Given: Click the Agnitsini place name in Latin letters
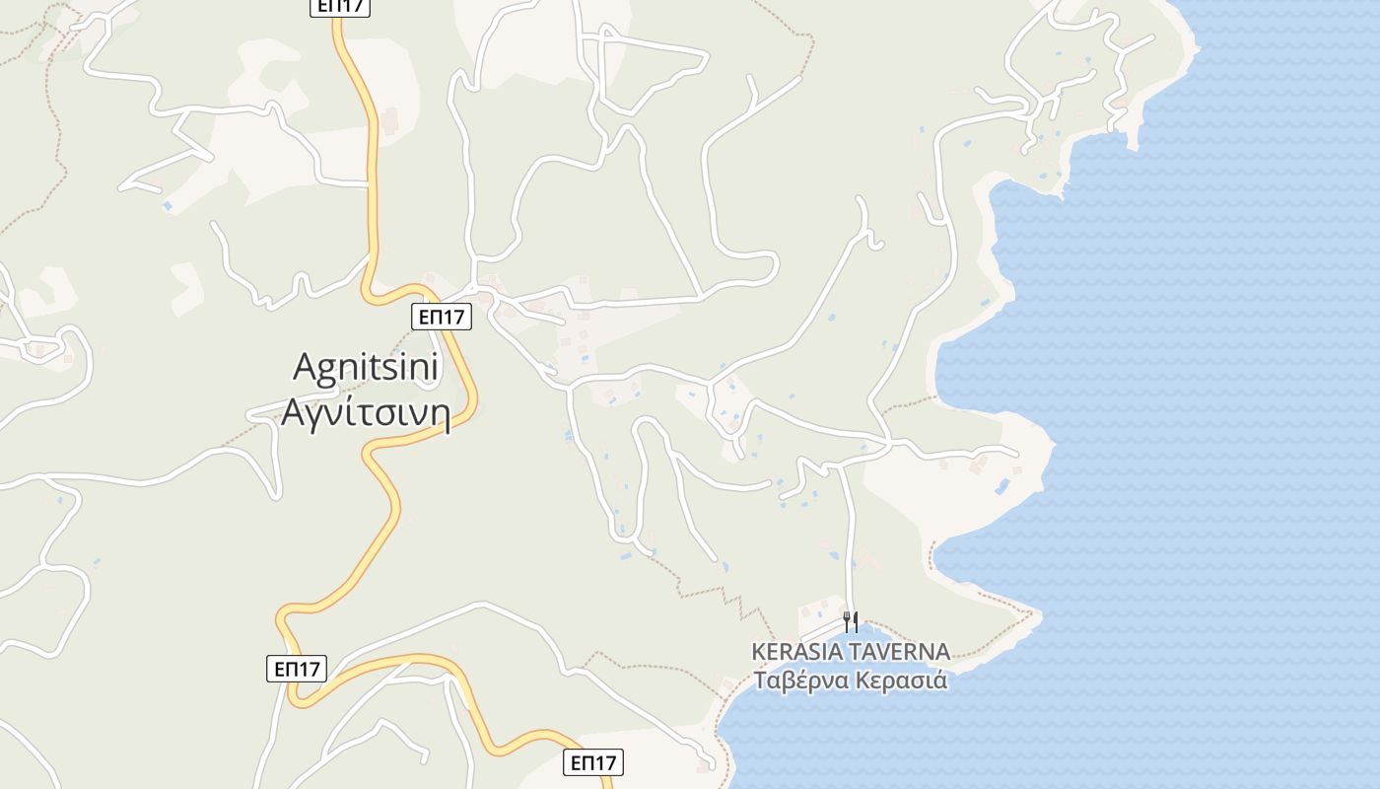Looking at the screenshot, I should pos(366,368).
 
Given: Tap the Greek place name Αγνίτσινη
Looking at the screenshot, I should pos(366,412).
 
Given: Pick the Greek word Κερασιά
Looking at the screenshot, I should pos(901,681).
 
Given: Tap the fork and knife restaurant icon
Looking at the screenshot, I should pos(851,621).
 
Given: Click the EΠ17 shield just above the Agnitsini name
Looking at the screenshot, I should pos(441,317).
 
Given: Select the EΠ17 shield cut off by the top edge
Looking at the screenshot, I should pos(339,7).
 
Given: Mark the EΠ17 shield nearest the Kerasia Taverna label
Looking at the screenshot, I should pos(594,762).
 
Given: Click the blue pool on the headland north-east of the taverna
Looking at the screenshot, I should pos(1002,485).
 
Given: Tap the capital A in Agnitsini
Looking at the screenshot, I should pos(306,368).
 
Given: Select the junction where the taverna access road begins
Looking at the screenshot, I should pos(841,466).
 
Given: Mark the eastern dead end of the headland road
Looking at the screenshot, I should pos(1016,453).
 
